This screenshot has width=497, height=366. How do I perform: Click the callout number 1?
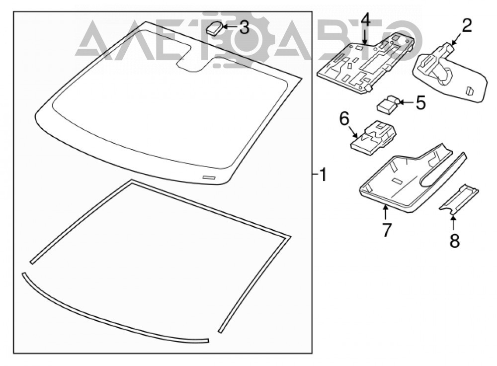pos(323,175)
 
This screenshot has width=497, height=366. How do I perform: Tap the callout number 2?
pos(466,26)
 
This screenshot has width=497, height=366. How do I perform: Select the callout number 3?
pos(244,27)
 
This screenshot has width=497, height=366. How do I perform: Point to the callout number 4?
pos(365,20)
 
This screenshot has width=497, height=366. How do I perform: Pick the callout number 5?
pos(420,102)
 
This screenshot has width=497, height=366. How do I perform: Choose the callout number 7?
pos(386,230)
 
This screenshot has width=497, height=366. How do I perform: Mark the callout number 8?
pos(455,241)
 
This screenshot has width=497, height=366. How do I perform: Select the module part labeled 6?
pos(373,137)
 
